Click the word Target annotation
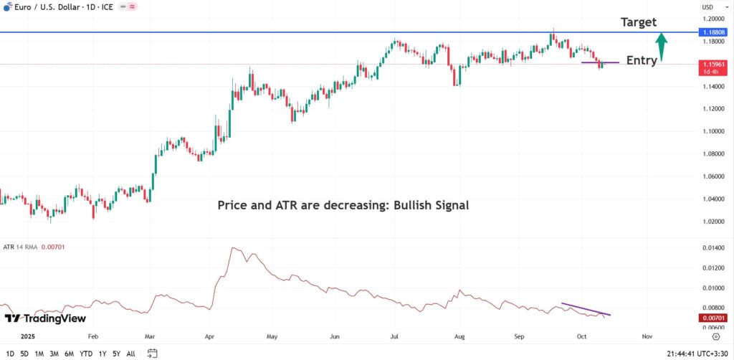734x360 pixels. coord(639,22)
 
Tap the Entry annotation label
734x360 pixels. coord(642,60)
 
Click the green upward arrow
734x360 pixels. coord(663,47)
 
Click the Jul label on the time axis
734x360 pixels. coord(395,335)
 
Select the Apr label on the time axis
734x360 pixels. coord(210,335)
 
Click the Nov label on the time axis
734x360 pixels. coord(647,335)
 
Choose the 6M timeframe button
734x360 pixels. coord(70,354)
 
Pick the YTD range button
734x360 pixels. coord(85,354)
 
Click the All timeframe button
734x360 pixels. coord(130,354)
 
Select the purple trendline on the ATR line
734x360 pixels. coord(586,309)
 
